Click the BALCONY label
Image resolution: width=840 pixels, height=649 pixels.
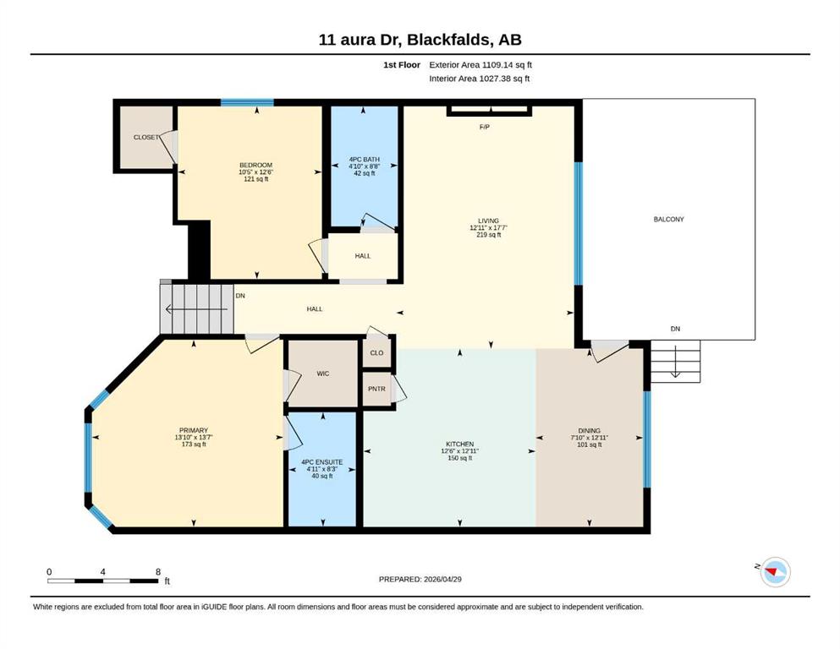(x=668, y=220)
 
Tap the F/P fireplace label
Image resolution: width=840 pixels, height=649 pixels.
(x=484, y=127)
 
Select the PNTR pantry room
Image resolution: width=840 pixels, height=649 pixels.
(x=376, y=389)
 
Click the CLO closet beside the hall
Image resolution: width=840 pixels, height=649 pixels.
(x=376, y=352)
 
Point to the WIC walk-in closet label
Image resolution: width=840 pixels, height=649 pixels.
(x=322, y=374)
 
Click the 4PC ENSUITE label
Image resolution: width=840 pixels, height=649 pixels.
(x=322, y=462)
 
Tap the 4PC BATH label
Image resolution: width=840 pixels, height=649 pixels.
(x=365, y=160)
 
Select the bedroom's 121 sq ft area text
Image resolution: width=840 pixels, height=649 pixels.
(x=256, y=179)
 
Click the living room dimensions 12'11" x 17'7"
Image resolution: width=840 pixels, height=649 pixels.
(x=489, y=227)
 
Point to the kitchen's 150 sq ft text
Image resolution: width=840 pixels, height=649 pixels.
(x=459, y=458)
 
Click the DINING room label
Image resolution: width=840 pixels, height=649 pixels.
(x=590, y=431)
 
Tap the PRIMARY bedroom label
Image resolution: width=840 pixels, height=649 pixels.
(x=194, y=431)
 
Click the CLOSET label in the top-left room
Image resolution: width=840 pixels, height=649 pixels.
(x=146, y=138)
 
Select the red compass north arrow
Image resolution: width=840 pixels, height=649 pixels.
(x=771, y=572)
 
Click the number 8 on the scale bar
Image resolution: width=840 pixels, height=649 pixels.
(x=158, y=572)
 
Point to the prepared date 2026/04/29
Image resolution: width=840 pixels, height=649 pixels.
(x=442, y=579)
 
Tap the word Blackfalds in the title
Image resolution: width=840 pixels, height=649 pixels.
(x=447, y=40)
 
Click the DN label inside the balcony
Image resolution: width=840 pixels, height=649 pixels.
(x=675, y=329)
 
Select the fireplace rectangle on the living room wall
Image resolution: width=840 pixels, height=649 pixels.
(x=489, y=111)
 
